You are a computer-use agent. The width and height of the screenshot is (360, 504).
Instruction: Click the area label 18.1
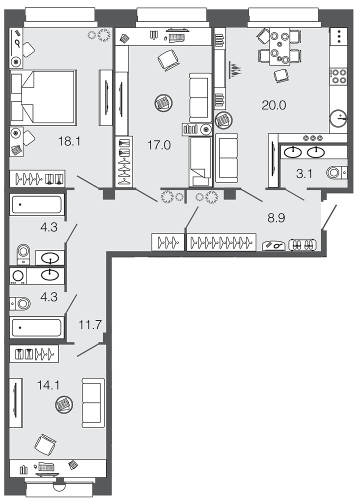tap(69, 141)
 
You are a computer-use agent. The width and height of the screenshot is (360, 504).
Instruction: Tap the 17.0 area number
tap(159, 145)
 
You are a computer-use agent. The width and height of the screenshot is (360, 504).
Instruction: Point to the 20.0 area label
tap(274, 105)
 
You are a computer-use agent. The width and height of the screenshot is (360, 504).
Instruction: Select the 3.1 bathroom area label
tap(304, 174)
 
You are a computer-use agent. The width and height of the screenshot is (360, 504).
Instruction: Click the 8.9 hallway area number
tap(276, 218)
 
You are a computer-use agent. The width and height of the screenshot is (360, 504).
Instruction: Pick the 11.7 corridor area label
tap(90, 325)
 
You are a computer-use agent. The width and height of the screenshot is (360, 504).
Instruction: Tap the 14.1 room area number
tap(48, 385)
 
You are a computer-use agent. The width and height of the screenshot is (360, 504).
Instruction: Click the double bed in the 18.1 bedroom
tap(43, 97)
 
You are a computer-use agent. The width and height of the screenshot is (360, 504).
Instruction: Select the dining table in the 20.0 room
tap(279, 46)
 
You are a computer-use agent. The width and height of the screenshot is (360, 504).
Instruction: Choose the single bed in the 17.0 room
tap(200, 161)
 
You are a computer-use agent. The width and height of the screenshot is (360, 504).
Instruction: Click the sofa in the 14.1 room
tap(93, 403)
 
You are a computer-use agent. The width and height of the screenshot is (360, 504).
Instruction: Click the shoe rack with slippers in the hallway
tap(302, 245)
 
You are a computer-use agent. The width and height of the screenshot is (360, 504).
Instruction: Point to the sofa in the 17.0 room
tap(200, 97)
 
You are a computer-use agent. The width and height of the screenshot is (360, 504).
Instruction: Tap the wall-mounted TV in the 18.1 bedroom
tap(106, 97)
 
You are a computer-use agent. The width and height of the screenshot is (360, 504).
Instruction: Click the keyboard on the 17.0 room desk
tap(176, 37)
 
